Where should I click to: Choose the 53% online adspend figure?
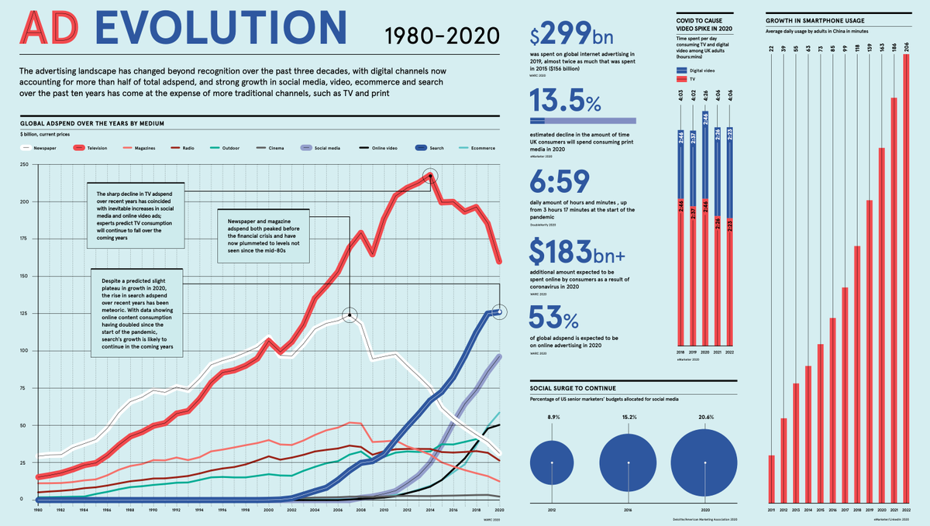click(x=554, y=318)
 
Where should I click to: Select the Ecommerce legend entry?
click(x=476, y=147)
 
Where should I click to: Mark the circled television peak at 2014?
click(x=431, y=176)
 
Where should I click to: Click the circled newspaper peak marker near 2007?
click(x=350, y=315)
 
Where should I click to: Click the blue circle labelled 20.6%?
click(x=704, y=462)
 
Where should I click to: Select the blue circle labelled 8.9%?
click(x=552, y=462)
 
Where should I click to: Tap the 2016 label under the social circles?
click(x=628, y=510)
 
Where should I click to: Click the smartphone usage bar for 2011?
click(x=771, y=478)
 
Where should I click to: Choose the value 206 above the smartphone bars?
click(x=908, y=48)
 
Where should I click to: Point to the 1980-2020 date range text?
click(x=439, y=34)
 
